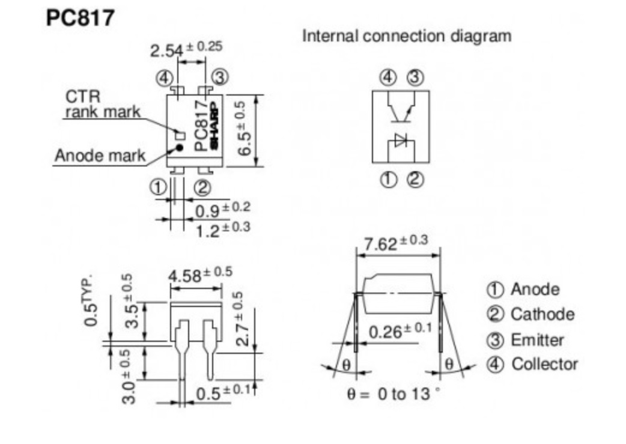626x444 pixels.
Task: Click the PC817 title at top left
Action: (x=80, y=17)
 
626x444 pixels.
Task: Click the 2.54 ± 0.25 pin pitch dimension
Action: (x=186, y=49)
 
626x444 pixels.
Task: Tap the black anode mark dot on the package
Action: (x=178, y=147)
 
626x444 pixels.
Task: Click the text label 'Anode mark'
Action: (x=100, y=156)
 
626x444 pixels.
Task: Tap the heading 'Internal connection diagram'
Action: (x=407, y=36)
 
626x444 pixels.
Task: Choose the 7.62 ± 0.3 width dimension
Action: (x=395, y=243)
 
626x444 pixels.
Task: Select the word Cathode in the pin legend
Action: (x=542, y=314)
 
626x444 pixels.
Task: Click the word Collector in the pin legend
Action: (x=544, y=364)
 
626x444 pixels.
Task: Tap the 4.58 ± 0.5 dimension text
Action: (x=199, y=275)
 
